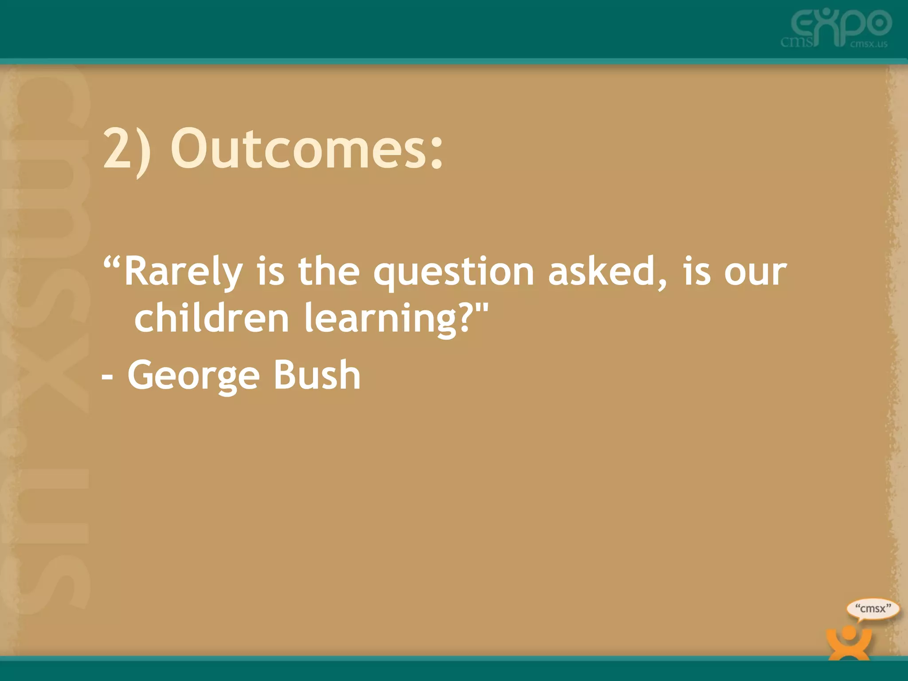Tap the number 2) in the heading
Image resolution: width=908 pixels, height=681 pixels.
(127, 150)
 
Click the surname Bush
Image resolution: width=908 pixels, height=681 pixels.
(317, 375)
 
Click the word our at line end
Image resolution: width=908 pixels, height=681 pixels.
(755, 272)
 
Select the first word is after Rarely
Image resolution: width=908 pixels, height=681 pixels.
(270, 272)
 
